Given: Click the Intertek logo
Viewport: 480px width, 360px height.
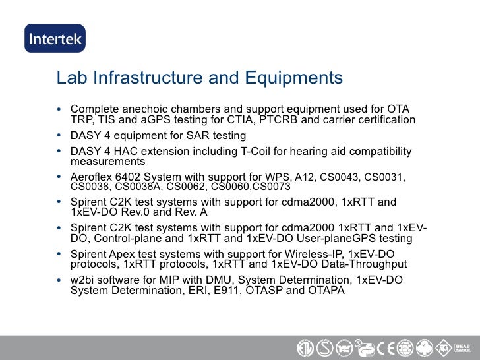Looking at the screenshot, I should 55,38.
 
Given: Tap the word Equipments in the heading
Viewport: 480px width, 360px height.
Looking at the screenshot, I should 293,78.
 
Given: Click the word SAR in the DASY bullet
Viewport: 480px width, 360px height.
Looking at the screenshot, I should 181,136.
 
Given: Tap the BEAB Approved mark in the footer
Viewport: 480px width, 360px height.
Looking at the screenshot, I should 462,346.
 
